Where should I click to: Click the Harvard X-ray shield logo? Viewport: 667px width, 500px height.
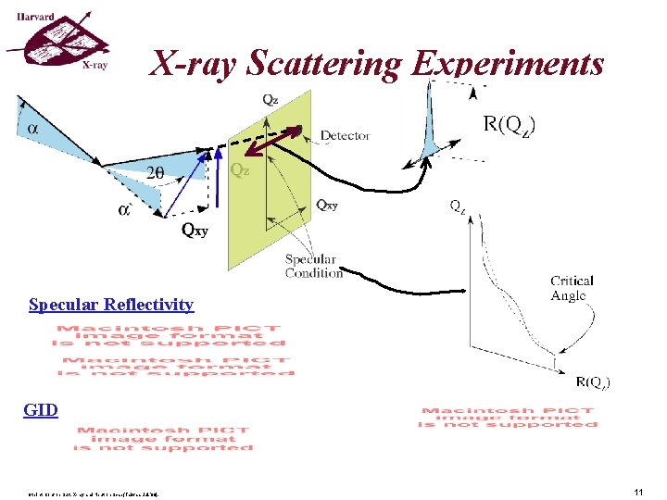coord(56,43)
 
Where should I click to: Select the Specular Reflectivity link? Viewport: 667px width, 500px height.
coord(111,305)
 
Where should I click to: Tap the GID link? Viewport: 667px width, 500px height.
coord(41,409)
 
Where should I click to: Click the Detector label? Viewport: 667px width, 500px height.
coord(345,135)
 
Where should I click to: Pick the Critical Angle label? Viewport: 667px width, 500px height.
coord(572,288)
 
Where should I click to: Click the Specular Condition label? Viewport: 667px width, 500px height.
coord(313,266)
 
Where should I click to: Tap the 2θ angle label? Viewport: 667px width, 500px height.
coord(158,171)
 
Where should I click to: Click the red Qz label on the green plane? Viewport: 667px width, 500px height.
coord(240,170)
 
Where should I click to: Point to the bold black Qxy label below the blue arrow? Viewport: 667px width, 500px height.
coord(195,231)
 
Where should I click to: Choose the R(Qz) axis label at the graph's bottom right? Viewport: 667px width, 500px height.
coord(592,381)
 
